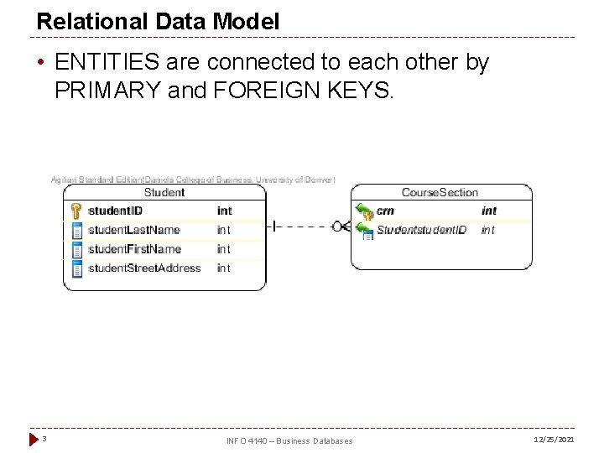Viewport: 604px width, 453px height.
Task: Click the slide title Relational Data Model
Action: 158,22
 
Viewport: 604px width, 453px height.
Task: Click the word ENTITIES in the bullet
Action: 100,63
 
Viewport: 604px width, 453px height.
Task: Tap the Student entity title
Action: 164,192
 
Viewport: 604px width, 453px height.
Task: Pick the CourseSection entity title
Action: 440,192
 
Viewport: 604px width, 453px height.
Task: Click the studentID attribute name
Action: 115,211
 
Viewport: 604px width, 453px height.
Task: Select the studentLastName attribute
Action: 133,230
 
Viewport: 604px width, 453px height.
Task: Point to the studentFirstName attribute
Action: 134,249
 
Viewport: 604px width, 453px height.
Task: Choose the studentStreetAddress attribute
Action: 144,268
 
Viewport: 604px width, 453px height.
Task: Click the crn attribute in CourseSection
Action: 385,211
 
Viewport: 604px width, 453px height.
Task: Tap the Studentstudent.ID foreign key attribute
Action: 421,230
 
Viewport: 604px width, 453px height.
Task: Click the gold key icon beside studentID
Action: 75,211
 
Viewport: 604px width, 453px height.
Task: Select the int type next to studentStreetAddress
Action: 223,268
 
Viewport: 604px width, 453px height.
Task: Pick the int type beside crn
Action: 489,211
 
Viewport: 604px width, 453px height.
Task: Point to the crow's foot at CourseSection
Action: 341,226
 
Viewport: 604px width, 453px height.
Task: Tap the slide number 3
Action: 44,439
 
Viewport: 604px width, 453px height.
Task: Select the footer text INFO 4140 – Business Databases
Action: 289,440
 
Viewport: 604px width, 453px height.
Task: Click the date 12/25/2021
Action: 554,440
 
